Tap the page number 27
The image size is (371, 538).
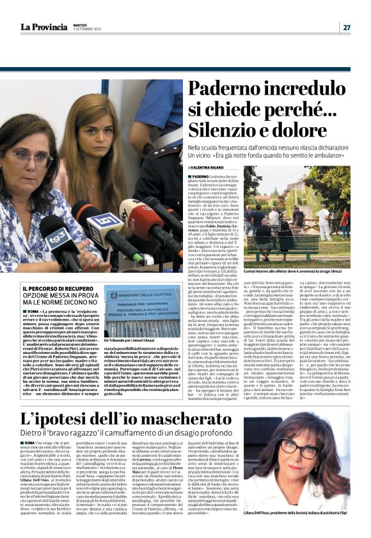pos(346,27)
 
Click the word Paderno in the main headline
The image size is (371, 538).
pos(216,89)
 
